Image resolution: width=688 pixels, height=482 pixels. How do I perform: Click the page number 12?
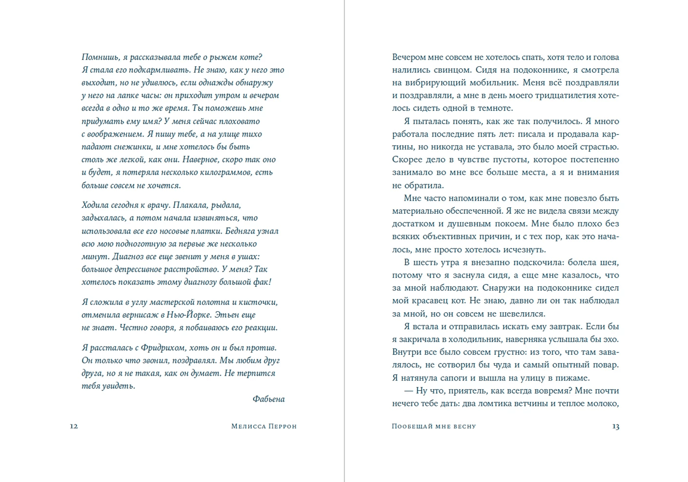(74, 426)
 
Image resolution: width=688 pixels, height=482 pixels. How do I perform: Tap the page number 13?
(615, 426)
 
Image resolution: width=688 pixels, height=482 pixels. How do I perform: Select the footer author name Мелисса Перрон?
(263, 426)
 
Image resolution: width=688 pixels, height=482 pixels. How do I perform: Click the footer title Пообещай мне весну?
(433, 426)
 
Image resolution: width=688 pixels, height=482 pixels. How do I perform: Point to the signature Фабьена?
(268, 399)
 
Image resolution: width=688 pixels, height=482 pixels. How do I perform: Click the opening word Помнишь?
(101, 58)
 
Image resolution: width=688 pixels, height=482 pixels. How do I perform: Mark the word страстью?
(596, 147)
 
